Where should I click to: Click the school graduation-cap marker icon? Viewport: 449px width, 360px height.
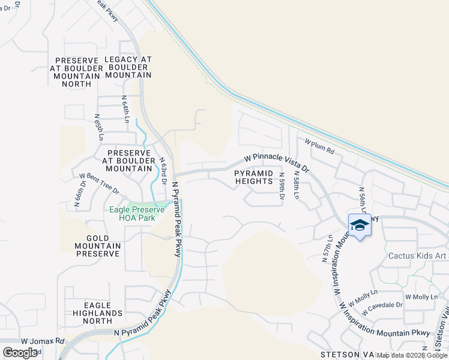360,226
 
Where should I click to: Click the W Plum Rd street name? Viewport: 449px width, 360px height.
319,146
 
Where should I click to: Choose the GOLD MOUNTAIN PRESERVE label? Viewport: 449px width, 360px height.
98,246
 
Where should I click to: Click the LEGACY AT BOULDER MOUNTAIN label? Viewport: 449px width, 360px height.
128,67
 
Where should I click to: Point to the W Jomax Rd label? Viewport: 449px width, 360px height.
42,341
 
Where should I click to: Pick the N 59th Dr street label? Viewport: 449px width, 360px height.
282,186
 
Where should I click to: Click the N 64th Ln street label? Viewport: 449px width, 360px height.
125,109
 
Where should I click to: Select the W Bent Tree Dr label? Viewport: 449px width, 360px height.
99,183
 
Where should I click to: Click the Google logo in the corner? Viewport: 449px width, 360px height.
20,352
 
